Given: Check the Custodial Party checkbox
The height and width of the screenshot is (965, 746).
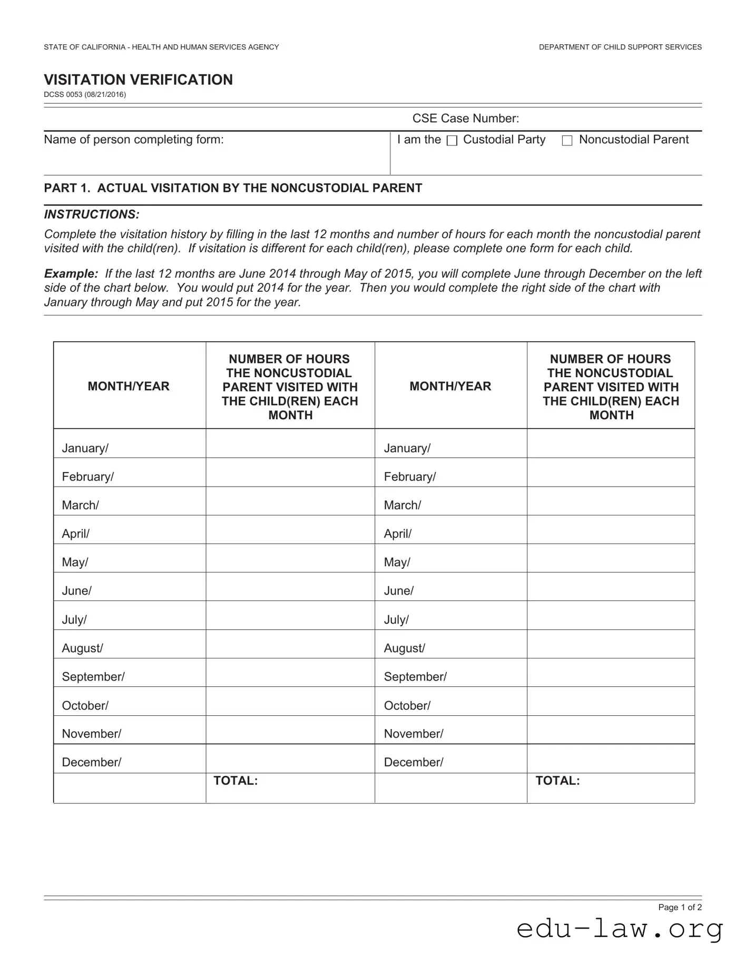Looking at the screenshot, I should [452, 141].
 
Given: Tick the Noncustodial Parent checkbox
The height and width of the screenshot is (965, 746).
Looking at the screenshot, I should [567, 141].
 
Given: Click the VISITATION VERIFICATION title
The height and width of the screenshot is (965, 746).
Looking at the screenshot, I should [138, 80].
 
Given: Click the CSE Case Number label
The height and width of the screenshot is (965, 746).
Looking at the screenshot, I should [465, 119].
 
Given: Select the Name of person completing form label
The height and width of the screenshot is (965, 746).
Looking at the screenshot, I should [134, 140].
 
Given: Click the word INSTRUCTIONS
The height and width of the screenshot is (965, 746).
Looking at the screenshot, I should [92, 214].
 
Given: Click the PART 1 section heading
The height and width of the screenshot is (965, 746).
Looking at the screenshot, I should [233, 188].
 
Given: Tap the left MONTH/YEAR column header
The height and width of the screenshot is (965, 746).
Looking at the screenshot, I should [129, 386].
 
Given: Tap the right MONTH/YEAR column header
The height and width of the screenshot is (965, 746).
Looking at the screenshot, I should [450, 386].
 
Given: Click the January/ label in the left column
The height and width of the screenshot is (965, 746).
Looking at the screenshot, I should [85, 448].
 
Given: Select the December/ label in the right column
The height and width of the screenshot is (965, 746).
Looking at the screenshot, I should [414, 762].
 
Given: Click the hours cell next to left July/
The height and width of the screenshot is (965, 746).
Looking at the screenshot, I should [290, 616].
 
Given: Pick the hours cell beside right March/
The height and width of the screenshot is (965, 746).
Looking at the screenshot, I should [610, 501].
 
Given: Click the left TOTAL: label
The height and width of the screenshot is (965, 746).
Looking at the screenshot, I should [235, 781].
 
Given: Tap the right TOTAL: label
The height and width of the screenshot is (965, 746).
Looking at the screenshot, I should [557, 781].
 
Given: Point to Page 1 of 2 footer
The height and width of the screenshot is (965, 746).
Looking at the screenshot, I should [680, 907].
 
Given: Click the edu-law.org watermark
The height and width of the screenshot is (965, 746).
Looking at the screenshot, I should [620, 930].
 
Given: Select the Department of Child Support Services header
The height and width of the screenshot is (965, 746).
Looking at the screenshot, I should [620, 47].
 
